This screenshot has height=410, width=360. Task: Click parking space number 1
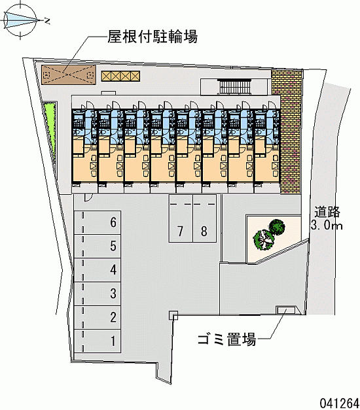[x=97, y=341]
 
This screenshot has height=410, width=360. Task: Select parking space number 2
[x=97, y=317]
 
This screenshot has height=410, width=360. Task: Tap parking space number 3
[x=97, y=294]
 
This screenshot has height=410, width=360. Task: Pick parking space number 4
[x=97, y=270]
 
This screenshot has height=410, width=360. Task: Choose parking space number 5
[x=97, y=246]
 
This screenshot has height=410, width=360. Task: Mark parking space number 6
[x=97, y=222]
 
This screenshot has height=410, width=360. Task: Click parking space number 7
[x=181, y=218]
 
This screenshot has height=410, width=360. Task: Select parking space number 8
[x=204, y=218]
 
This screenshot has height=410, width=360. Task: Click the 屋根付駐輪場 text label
[x=153, y=37]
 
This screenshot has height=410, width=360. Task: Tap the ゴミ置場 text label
[x=226, y=339]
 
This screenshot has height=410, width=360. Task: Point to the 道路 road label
[x=327, y=212]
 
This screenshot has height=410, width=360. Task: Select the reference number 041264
[x=339, y=403]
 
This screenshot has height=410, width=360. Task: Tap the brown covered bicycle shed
[x=69, y=75]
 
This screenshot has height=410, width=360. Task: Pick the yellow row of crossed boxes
[x=120, y=76]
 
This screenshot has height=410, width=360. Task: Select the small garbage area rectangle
[x=286, y=310]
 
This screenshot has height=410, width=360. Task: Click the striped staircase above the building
[x=234, y=87]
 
